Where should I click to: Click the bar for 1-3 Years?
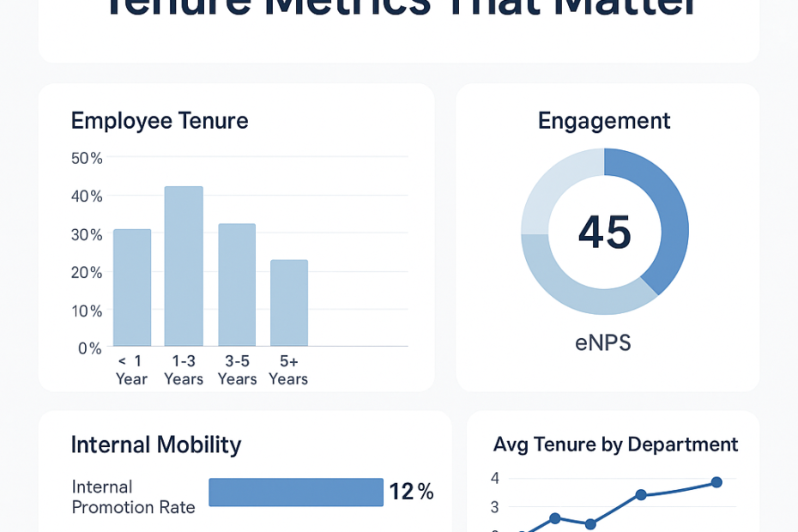point(184,266)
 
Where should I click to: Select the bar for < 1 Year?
point(132,287)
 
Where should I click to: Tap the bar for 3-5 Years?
point(237,285)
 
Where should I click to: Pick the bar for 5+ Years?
point(289,303)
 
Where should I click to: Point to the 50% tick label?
point(87,158)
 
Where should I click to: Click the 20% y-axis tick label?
point(87,272)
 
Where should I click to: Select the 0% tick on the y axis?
point(90,348)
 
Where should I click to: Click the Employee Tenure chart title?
point(160,121)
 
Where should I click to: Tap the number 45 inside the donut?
point(605,233)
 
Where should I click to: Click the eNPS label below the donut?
point(603,344)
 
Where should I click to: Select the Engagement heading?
point(604,121)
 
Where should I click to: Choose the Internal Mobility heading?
point(156,444)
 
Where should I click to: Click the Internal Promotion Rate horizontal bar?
point(296,493)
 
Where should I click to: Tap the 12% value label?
point(411,492)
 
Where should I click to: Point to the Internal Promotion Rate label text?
point(133,497)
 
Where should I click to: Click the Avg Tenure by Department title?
point(615,444)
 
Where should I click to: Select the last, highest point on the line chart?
point(716,482)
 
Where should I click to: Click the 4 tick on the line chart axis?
point(495,478)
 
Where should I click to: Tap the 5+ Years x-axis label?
point(288,370)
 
